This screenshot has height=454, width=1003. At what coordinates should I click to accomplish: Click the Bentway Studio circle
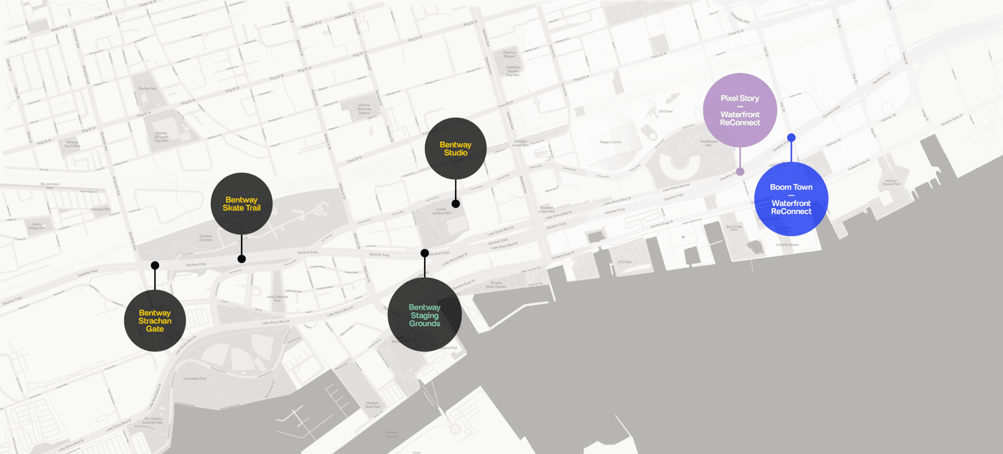[x=455, y=148]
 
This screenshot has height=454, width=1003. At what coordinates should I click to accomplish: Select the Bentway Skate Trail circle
[x=241, y=203]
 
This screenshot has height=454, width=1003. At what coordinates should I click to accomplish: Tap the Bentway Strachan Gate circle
[x=155, y=321]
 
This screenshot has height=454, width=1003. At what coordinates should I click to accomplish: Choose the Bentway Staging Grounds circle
[x=425, y=315]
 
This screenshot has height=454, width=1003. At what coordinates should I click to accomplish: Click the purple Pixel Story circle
[x=740, y=110]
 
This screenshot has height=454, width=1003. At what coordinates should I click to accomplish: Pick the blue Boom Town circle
[x=791, y=199]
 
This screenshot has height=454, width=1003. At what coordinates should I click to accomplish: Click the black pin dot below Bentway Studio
[x=455, y=204]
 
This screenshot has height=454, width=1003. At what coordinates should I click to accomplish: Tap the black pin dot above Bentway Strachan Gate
[x=155, y=265]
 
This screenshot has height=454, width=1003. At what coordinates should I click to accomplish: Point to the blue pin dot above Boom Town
[x=791, y=138]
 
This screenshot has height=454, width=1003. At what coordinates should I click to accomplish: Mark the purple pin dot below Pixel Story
[x=740, y=172]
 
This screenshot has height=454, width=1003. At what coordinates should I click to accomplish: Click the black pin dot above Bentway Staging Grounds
[x=425, y=253]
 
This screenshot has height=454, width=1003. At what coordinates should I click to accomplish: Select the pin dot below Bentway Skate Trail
[x=241, y=259]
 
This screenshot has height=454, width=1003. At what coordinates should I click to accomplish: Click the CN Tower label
[x=666, y=111]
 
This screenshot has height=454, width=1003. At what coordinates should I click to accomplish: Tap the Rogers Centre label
[x=611, y=142]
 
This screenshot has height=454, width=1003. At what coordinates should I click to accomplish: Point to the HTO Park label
[x=625, y=262]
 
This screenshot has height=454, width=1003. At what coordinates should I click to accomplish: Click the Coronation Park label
[x=195, y=378]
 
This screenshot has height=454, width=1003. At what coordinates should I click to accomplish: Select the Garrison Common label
[x=206, y=238]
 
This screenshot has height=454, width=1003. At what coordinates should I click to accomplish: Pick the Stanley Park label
[x=147, y=89]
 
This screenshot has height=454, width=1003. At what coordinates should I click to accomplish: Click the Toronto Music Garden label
[x=496, y=284]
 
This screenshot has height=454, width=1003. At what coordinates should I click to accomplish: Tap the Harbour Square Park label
[x=891, y=182]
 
